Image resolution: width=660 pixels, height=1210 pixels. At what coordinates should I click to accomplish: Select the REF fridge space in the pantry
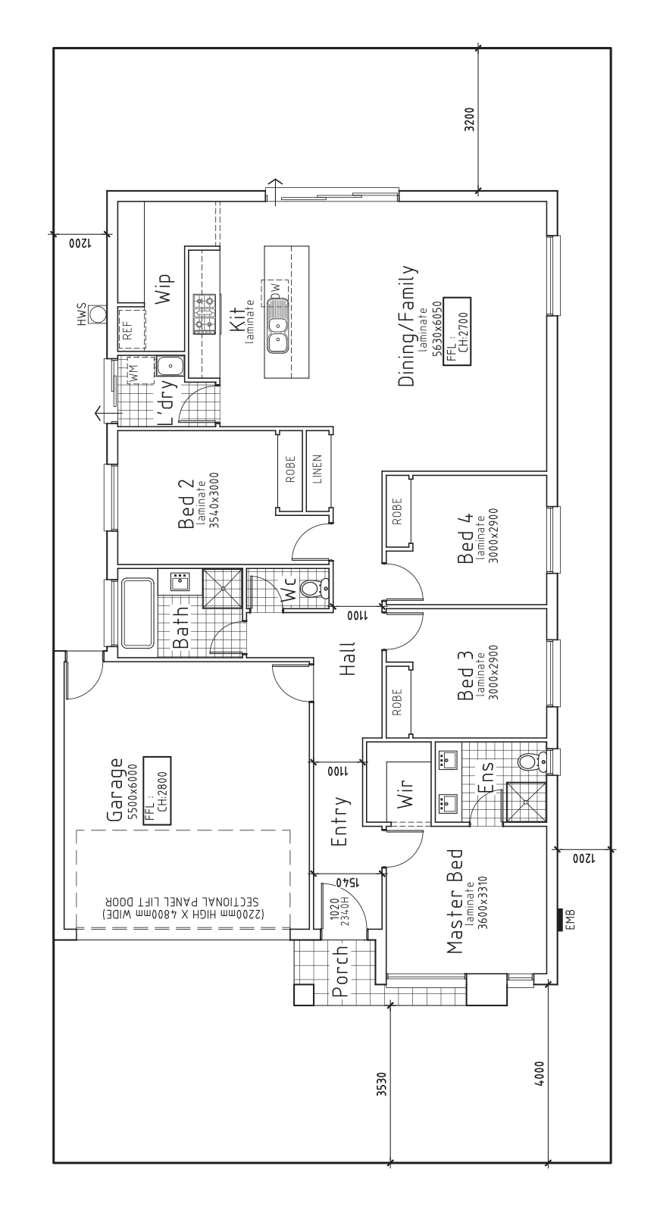click(x=132, y=328)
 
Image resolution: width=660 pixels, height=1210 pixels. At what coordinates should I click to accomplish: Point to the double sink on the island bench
click(x=277, y=336)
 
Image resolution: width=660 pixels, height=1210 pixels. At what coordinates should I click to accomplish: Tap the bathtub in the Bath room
click(x=137, y=612)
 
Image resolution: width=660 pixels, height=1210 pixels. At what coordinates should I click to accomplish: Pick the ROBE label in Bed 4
click(x=398, y=511)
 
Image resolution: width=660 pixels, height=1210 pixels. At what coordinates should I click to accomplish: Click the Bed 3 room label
click(x=465, y=676)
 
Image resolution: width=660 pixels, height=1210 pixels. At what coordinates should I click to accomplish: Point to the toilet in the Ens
click(x=532, y=762)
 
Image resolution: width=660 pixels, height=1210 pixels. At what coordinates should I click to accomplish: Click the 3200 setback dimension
click(x=469, y=120)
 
